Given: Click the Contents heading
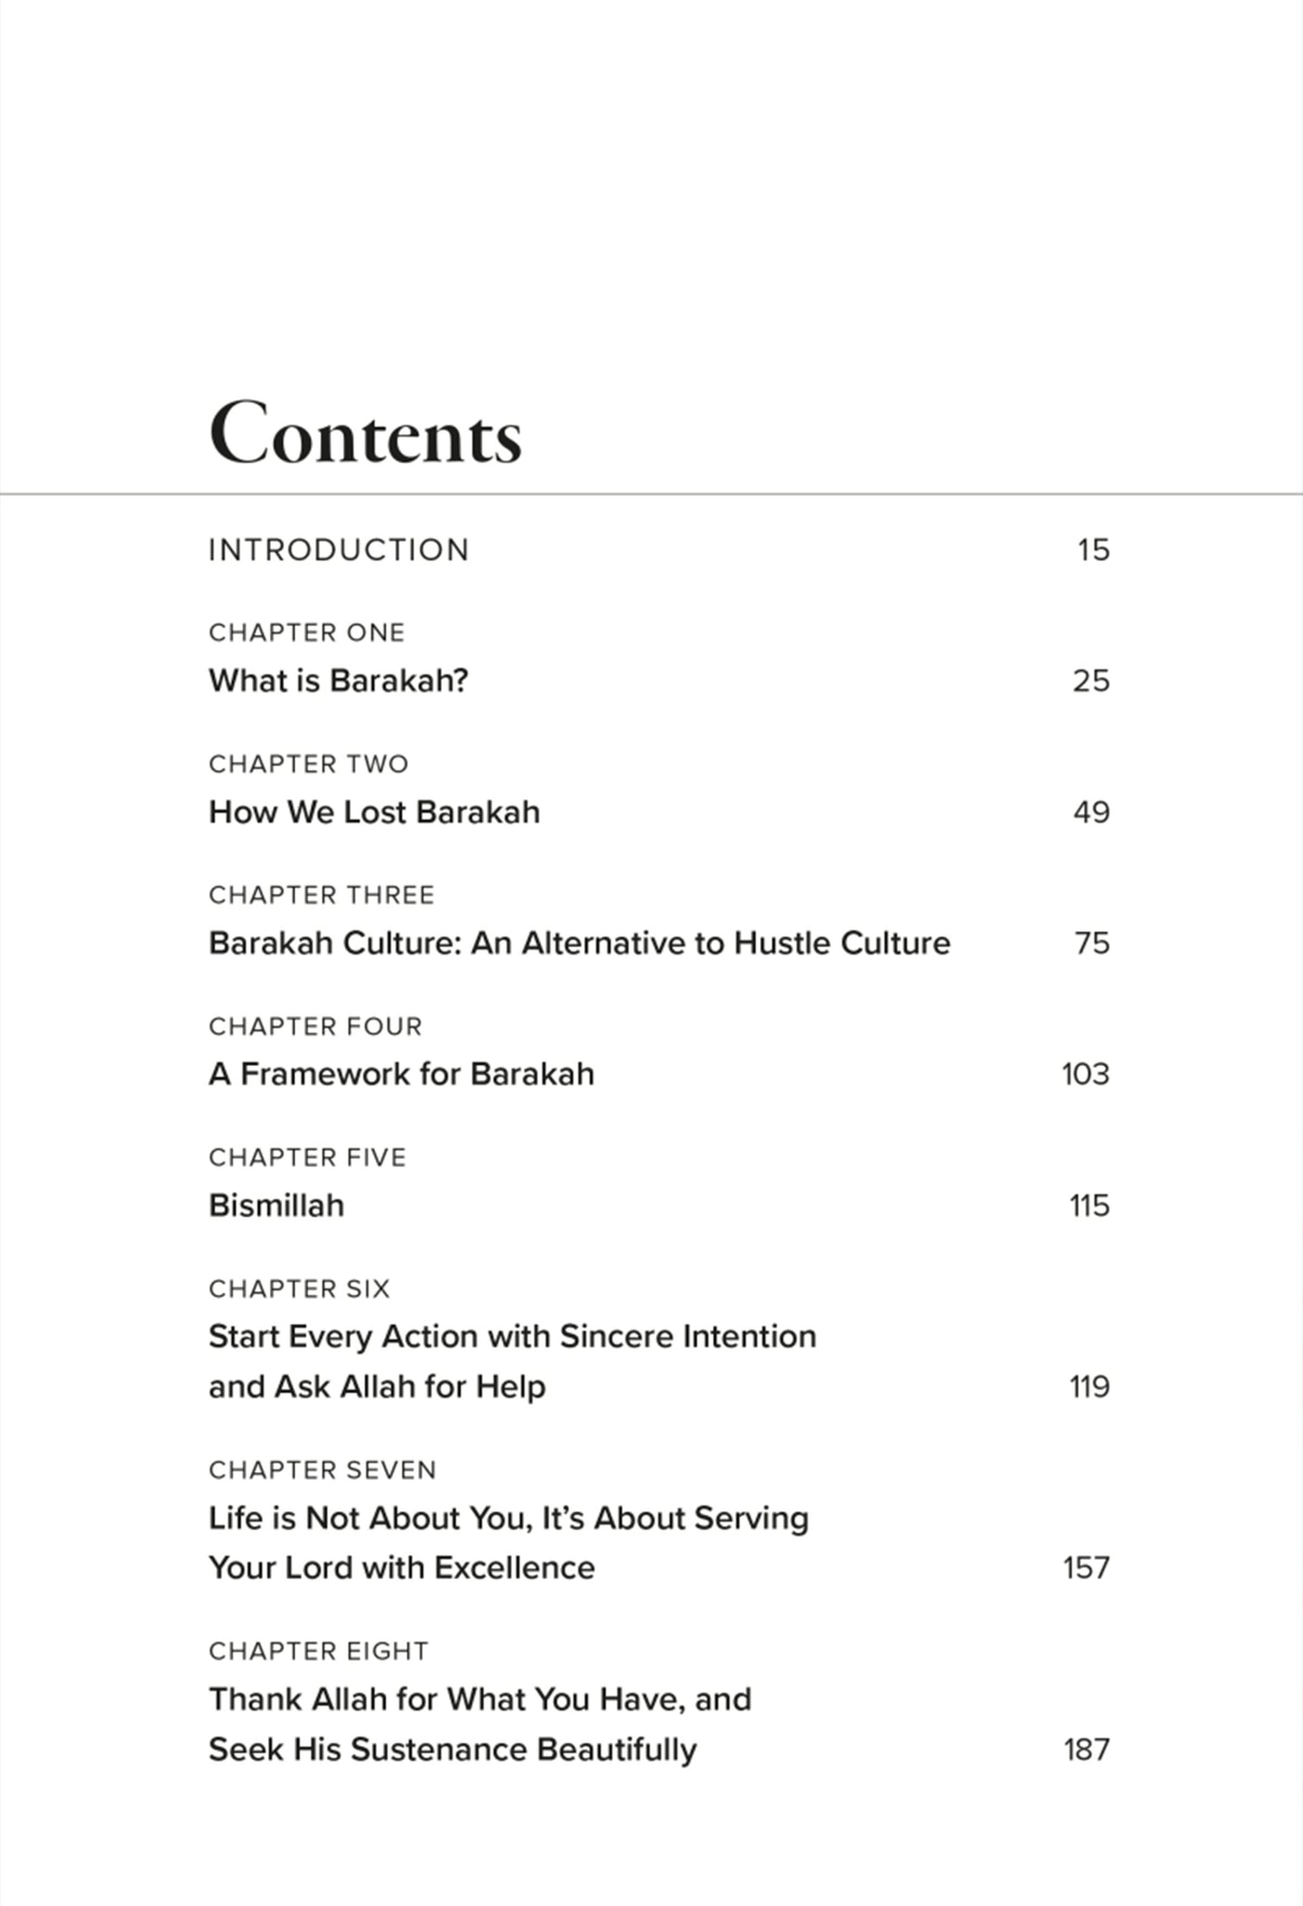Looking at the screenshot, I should tap(365, 435).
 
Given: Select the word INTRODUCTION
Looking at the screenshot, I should tap(339, 550).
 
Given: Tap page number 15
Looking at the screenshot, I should tap(1094, 550).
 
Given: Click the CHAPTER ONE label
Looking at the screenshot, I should tap(306, 633).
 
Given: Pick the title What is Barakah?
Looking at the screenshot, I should tap(338, 681).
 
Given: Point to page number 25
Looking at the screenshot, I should tap(1091, 681).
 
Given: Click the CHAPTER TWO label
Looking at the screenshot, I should tap(308, 764).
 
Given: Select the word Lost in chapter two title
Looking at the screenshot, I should tap(375, 812).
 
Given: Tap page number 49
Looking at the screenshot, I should tap(1091, 812).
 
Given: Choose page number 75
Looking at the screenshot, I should tap(1092, 943).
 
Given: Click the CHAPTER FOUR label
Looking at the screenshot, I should tap(315, 1027).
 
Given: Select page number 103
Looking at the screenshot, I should tap(1085, 1075).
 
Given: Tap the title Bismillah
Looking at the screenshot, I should tap(276, 1206).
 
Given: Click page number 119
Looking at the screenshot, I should tap(1089, 1387).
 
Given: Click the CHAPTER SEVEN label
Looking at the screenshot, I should tap(322, 1470).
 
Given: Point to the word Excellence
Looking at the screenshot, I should tap(514, 1568).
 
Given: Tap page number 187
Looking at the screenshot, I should tap(1086, 1750).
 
